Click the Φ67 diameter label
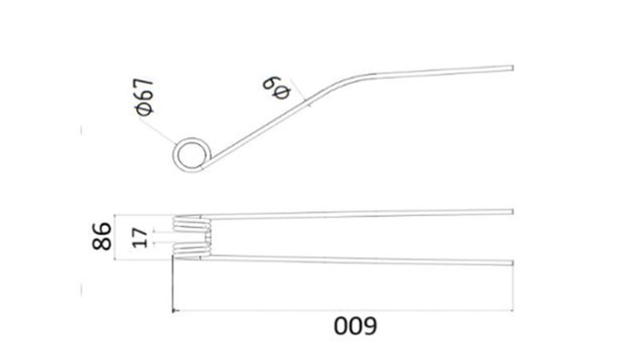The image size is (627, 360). pos(144,96)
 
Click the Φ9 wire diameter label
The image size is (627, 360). pos(277,89)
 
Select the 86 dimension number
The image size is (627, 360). pos(102,236)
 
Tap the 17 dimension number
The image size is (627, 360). pos(140,238)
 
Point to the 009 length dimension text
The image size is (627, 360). pos(355,326)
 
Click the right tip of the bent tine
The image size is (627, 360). pos(512,68)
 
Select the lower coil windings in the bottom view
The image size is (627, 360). pos(191,250)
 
